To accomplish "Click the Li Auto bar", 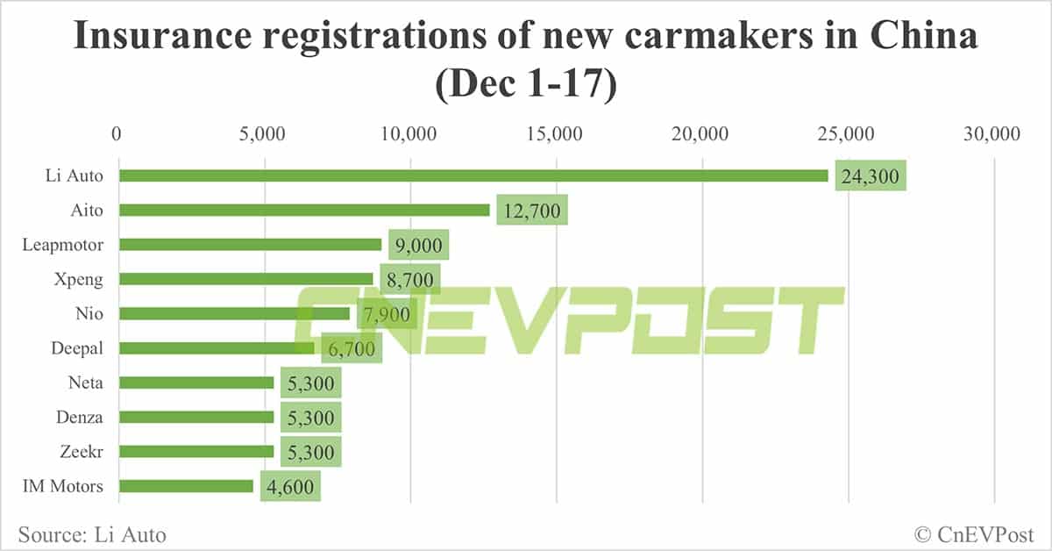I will point(473,175).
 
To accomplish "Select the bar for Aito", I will point(304,210).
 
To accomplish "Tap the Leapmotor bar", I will point(251,245).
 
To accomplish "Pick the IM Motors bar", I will point(186,486).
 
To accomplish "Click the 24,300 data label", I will point(871,175).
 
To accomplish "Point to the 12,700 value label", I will point(532,211).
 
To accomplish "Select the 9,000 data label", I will point(419,245).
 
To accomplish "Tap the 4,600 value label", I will point(290,486).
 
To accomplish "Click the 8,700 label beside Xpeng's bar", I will point(410,280).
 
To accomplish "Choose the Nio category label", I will point(90,313).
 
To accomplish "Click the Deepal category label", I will point(77,348).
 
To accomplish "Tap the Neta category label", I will point(85,383).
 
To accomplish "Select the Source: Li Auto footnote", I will point(91,533).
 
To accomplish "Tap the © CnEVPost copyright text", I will point(973,533).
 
